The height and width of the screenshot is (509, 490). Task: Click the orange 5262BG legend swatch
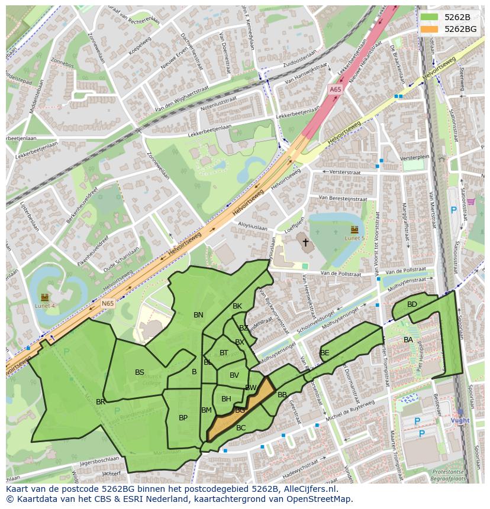(x=430, y=29)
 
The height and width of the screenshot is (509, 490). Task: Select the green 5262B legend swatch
(x=430, y=17)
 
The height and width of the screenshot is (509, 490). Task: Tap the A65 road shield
(x=335, y=89)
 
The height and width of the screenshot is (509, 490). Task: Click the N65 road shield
(x=107, y=303)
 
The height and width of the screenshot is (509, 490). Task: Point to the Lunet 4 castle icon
(x=45, y=297)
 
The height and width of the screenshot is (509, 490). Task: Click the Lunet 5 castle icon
(x=354, y=229)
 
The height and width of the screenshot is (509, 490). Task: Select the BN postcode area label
(x=198, y=315)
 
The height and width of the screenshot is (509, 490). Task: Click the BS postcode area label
(x=140, y=372)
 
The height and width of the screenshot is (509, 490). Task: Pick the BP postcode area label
(x=183, y=418)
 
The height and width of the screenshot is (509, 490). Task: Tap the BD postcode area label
(x=412, y=304)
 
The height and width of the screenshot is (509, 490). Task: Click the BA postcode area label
(x=408, y=340)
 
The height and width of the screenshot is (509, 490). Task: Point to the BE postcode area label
(x=324, y=353)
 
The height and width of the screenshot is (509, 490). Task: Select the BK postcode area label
(x=237, y=306)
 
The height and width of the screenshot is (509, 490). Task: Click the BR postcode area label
(x=101, y=402)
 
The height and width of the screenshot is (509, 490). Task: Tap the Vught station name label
(x=460, y=420)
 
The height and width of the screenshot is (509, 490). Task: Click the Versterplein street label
(x=414, y=158)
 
